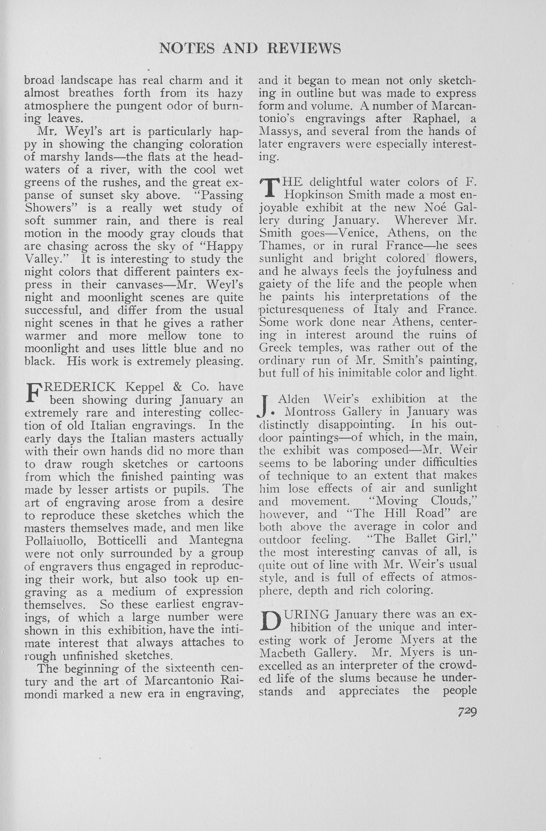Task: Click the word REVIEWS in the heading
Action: (x=304, y=49)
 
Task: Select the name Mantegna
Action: (x=216, y=541)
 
